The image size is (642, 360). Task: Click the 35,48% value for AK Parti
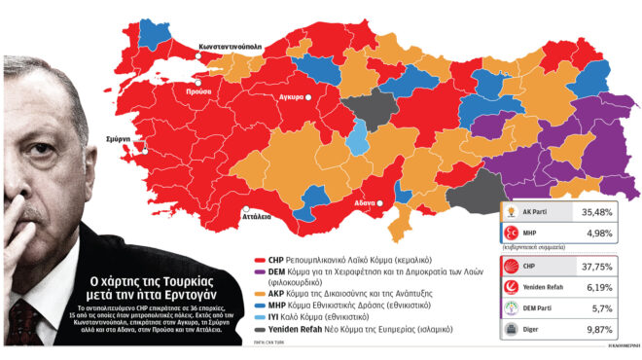[603, 211]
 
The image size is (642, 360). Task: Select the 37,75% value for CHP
[603, 267]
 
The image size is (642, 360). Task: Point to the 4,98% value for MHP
[605, 233]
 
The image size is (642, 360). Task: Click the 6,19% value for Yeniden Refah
[604, 288]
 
